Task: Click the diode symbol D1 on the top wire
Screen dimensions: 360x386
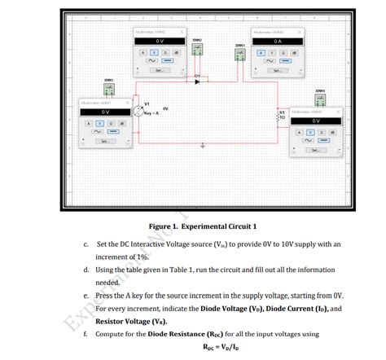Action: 196,81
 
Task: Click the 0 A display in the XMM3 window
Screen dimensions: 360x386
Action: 277,41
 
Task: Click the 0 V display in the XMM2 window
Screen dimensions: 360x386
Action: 160,41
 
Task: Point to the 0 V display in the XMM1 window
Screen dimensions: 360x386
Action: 105,112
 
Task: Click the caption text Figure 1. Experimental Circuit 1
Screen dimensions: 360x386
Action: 203,226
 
